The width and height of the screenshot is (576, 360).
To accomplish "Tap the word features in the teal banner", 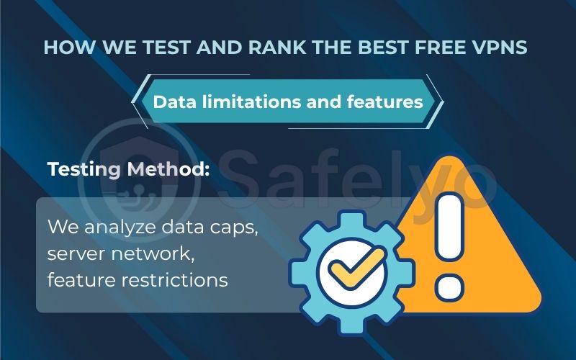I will tap(383, 102).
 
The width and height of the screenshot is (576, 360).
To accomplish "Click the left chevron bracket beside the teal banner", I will tap(137, 102).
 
